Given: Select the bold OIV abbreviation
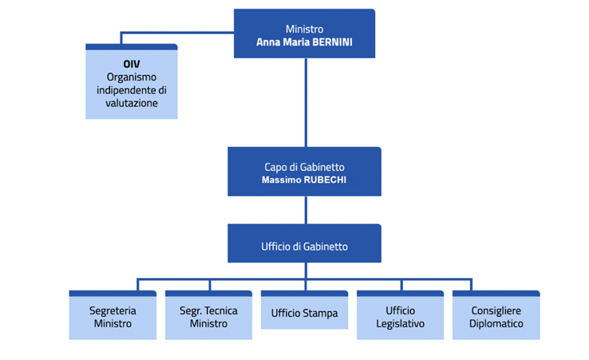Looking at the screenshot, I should tap(131, 64).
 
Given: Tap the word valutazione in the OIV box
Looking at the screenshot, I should tap(131, 103).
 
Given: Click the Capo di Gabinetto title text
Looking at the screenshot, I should tap(304, 167).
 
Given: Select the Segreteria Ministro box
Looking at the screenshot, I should tap(113, 317).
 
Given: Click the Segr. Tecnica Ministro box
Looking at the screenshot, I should tap(208, 317).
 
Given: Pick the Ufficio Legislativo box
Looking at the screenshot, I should tap(400, 317).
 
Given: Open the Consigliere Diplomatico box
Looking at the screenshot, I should tap(496, 317).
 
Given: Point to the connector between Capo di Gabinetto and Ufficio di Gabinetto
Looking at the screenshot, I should tap(305, 210).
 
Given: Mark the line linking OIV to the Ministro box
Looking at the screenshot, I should tap(176, 34).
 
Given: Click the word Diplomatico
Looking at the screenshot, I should tap(496, 323).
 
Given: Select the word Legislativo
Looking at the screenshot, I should tap(400, 323).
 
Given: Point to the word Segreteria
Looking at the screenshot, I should tap(113, 311).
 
